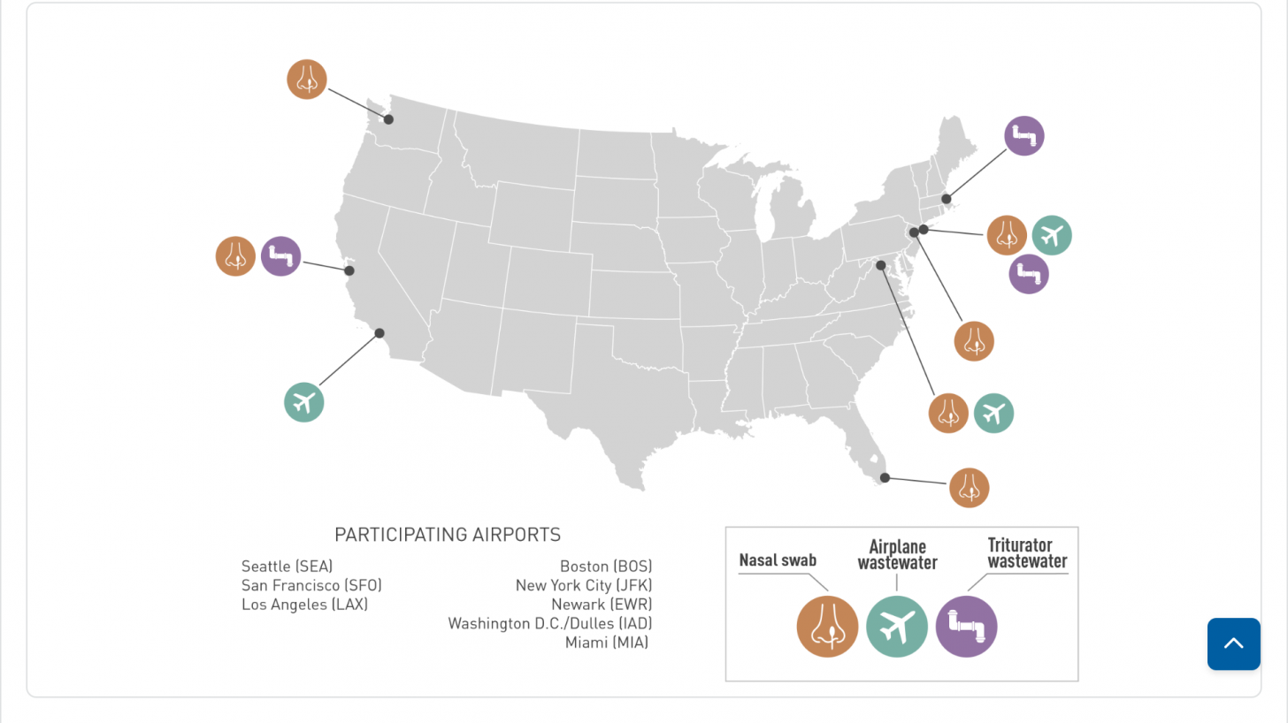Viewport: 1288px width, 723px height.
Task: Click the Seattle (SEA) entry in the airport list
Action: (x=287, y=567)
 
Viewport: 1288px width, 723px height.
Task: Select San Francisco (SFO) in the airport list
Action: (x=311, y=585)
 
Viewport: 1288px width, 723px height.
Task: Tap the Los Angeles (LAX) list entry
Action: (x=304, y=605)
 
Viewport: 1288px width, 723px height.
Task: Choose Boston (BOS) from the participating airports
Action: (x=606, y=567)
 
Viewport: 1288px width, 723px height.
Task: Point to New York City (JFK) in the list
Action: (x=584, y=585)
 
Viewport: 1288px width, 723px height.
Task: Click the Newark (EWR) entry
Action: (x=602, y=605)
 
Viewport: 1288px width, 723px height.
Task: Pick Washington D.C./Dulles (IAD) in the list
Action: (x=550, y=623)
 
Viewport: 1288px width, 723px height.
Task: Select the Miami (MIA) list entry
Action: (x=607, y=643)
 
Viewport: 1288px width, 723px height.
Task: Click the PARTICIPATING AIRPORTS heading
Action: (x=448, y=535)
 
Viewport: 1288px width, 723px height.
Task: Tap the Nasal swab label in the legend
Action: (x=778, y=559)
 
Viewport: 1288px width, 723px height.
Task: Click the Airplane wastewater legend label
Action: (x=897, y=554)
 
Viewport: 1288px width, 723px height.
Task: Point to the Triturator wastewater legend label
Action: (x=1026, y=552)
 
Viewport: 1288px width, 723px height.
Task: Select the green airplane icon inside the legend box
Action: (x=897, y=627)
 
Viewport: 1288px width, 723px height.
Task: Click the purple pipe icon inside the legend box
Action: (x=966, y=627)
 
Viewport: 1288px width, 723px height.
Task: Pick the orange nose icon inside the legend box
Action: (x=827, y=627)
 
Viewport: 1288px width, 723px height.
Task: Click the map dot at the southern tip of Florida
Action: (x=885, y=477)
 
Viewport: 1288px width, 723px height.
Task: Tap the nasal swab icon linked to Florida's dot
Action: (x=969, y=488)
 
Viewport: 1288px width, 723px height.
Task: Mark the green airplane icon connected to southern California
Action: (x=303, y=402)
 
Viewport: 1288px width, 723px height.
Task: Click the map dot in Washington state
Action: (x=388, y=119)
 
